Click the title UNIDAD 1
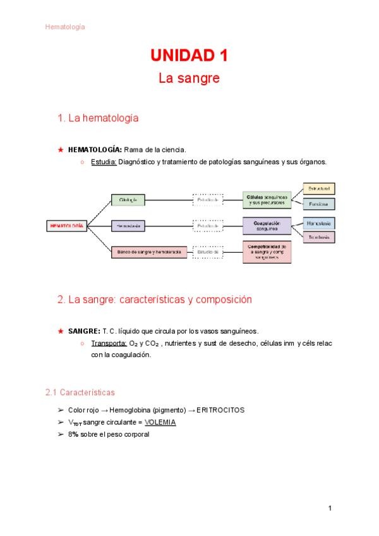point(189,56)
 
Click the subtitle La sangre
point(189,79)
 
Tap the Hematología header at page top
point(65,27)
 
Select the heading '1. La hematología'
point(98,118)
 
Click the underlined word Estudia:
point(103,162)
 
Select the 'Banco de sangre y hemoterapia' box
point(148,252)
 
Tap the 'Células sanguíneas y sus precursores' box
point(267,200)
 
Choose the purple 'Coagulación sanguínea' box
point(267,226)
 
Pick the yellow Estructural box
point(319,188)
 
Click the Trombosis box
point(319,237)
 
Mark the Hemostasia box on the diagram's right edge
point(319,223)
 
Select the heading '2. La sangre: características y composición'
point(155,300)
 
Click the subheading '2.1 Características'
point(80,393)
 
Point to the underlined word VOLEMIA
point(160,422)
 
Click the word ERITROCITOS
point(220,410)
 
